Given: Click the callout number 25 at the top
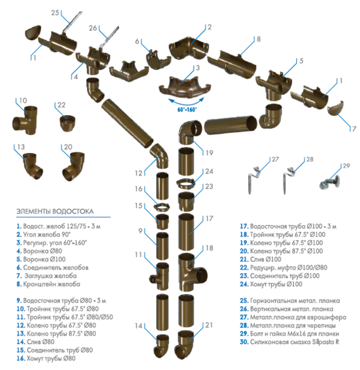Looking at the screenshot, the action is coord(55,12).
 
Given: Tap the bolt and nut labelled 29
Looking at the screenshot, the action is coord(329,183).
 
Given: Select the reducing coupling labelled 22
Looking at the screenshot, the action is coord(67,123).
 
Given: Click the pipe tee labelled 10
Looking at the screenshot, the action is coord(25,121).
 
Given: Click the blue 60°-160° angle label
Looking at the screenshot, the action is coord(187,110).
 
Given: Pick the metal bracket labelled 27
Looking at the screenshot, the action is coord(254,181).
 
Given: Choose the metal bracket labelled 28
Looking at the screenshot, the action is coord(288,181).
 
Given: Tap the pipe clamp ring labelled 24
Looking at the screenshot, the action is coord(186,184).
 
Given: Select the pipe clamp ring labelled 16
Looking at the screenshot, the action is coord(162,207).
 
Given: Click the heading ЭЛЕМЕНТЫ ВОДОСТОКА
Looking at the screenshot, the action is coord(55,211).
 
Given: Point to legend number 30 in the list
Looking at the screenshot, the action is coord(244,342).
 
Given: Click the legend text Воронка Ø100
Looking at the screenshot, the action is coord(44,260).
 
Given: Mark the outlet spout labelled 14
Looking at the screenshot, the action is coord(161,347).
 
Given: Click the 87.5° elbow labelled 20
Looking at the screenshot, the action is coord(73,166).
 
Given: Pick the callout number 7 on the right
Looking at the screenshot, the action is coord(353,129).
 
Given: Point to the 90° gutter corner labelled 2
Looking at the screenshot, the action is coord(189,48).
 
